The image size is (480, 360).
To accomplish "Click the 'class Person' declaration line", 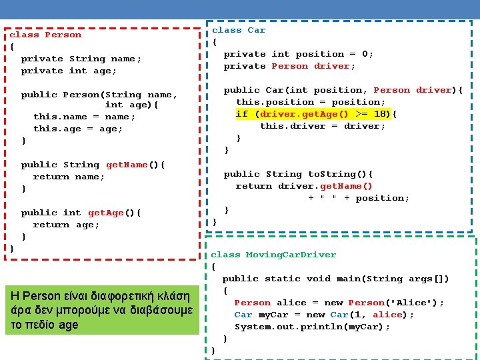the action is pos(45,35).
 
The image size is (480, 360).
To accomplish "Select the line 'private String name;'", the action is pos(81,59).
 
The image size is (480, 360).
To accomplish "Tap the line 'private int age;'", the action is pos(69,71).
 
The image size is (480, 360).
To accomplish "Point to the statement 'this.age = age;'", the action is pos(79,129).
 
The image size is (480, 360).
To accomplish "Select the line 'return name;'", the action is pos(69,177).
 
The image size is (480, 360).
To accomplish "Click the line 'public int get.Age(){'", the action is pos(81,213).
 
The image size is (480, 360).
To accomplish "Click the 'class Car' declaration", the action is pos(239,30).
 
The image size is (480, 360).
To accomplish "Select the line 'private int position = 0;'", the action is pos(299,54).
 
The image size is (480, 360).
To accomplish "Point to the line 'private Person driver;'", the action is pos(289,66).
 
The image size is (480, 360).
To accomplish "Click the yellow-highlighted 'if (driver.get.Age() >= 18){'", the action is pos(317,114).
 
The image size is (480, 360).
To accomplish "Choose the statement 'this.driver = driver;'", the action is pos(323,126).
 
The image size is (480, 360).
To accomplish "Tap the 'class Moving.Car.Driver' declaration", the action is pos(273,255).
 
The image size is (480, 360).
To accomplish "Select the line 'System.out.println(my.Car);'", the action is pos(313,327).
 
